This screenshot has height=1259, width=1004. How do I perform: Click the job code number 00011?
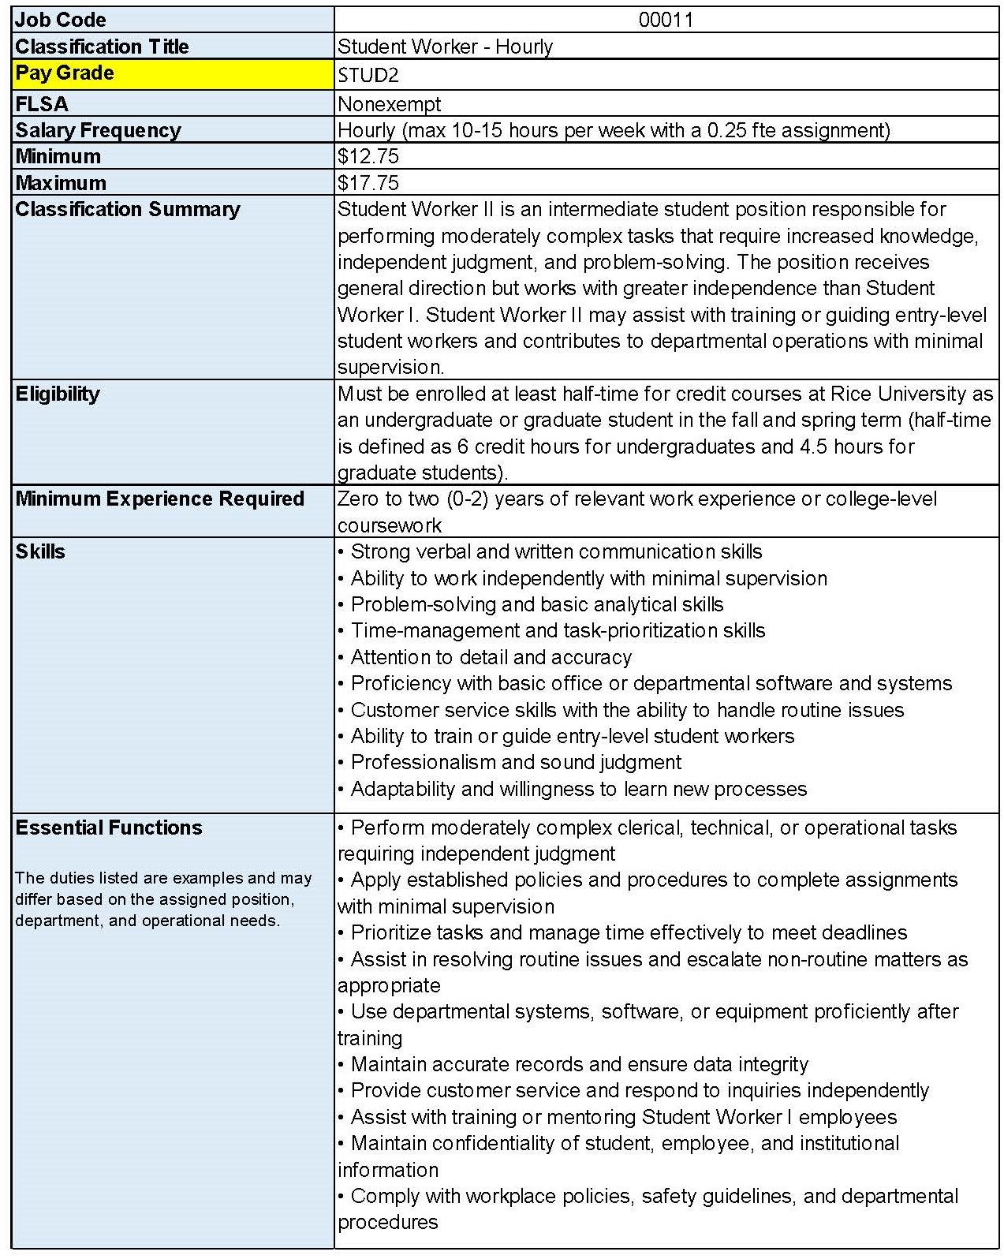[x=666, y=20]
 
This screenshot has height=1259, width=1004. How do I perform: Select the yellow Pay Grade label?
[x=65, y=73]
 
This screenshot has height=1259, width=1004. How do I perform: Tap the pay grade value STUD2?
[x=368, y=76]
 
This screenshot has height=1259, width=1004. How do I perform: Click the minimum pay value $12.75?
[x=368, y=156]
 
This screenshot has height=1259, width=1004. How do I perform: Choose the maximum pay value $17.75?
[x=368, y=183]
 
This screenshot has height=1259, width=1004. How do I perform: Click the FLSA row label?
[x=42, y=104]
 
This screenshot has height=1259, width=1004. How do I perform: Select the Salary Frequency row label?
[x=98, y=130]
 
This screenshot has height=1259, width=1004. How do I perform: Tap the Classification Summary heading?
[x=127, y=209]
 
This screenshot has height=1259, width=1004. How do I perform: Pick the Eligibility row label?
[x=58, y=394]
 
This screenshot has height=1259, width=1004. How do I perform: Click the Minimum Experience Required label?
[x=159, y=499]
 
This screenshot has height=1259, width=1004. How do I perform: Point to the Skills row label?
[x=40, y=551]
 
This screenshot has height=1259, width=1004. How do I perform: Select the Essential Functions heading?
[x=109, y=828]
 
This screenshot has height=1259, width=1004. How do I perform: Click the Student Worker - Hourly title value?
[x=445, y=47]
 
